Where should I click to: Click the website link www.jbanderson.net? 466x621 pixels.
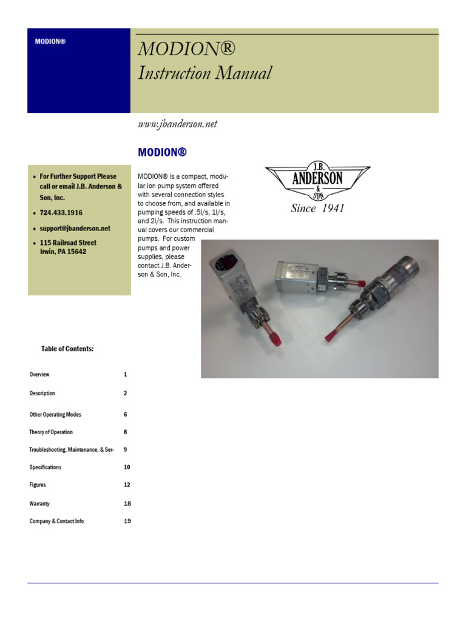pyautogui.click(x=178, y=124)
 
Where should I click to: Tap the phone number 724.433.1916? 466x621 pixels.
pyautogui.click(x=61, y=213)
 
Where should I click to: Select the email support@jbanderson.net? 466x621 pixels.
pyautogui.click(x=75, y=229)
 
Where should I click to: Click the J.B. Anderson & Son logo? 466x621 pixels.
pyautogui.click(x=317, y=180)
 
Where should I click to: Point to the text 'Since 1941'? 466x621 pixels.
pyautogui.click(x=317, y=209)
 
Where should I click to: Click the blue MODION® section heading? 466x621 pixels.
pyautogui.click(x=163, y=152)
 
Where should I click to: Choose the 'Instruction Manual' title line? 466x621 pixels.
pyautogui.click(x=204, y=73)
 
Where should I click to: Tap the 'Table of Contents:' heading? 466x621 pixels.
pyautogui.click(x=67, y=349)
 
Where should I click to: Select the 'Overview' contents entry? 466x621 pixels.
pyautogui.click(x=39, y=375)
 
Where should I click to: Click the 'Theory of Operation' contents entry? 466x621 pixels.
pyautogui.click(x=51, y=432)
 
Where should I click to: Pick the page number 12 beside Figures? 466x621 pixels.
pyautogui.click(x=127, y=485)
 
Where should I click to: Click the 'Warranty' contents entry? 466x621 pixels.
pyautogui.click(x=39, y=504)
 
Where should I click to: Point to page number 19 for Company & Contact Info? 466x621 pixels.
pyautogui.click(x=127, y=522)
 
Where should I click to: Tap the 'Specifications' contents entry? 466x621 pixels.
pyautogui.click(x=46, y=468)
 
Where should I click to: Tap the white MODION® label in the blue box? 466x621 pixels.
pyautogui.click(x=50, y=42)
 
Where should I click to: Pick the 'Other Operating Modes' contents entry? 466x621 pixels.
pyautogui.click(x=55, y=415)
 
